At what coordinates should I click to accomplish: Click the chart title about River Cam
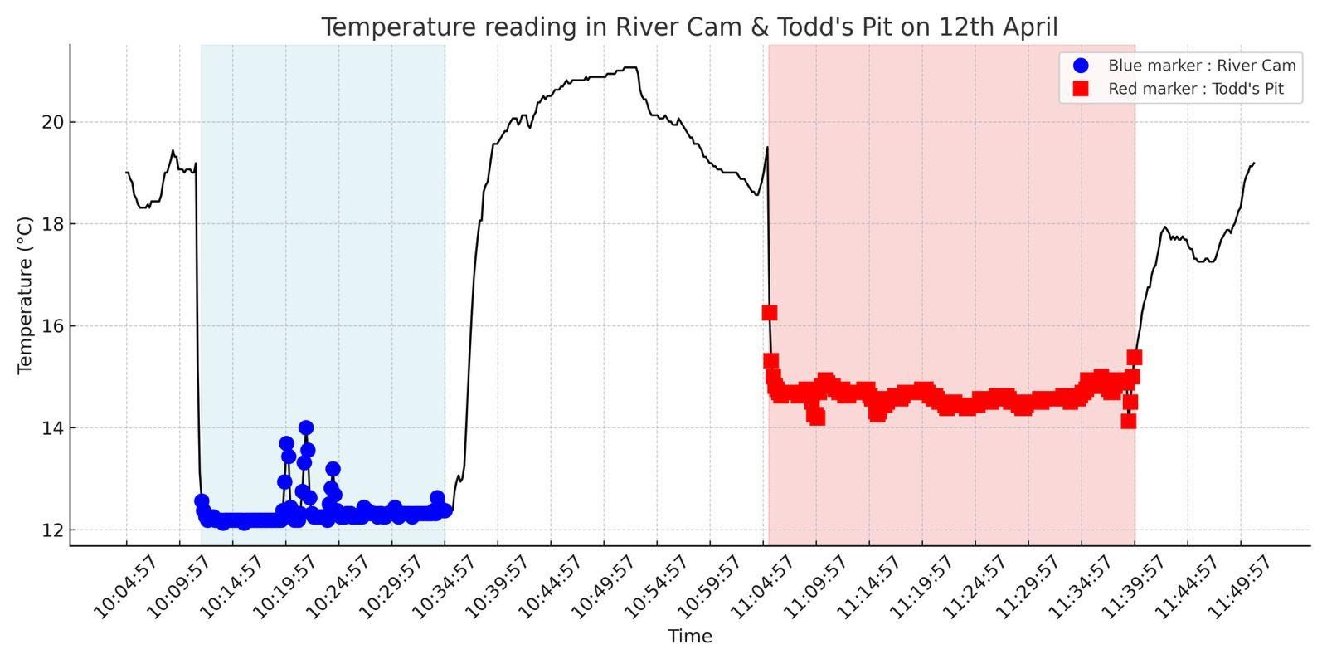(x=689, y=27)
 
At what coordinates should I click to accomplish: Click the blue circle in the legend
(x=1080, y=66)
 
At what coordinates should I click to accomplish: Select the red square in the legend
(x=1080, y=89)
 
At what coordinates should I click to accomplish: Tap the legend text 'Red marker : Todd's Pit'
(x=1195, y=89)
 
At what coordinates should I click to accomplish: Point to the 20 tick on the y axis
(x=54, y=122)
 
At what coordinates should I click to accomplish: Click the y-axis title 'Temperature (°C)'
(x=25, y=295)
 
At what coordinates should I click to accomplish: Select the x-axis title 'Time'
(x=689, y=637)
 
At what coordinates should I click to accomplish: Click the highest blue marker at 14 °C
(x=306, y=427)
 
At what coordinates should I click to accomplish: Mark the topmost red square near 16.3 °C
(x=769, y=312)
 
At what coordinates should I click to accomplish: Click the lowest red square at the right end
(x=1128, y=421)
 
